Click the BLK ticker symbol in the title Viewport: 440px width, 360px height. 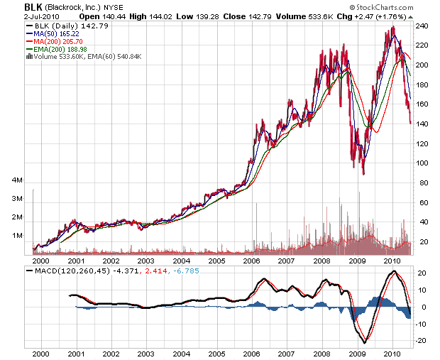pos(13,6)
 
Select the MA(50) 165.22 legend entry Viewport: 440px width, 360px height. pos(60,32)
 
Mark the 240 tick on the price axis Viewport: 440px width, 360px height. pos(422,26)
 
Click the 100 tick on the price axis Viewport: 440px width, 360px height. pos(422,163)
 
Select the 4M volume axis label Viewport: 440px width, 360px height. pos(18,180)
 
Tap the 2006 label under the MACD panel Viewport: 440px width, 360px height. pos(251,352)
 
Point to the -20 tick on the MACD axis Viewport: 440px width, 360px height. pos(421,341)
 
